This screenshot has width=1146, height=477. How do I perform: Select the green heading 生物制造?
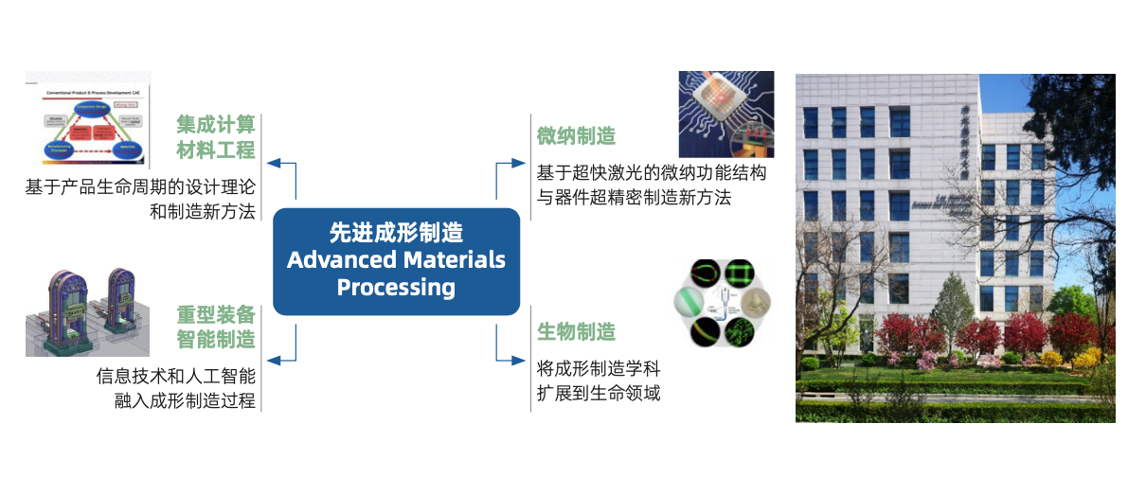tap(576, 331)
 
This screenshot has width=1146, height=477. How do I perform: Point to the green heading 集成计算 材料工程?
tap(216, 137)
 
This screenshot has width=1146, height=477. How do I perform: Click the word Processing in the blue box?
tap(396, 288)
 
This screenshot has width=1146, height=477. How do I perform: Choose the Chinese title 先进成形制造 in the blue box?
tap(396, 232)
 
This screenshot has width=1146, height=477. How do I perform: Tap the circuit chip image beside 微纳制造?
tap(726, 115)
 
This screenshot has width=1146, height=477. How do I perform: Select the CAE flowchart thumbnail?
tap(86, 120)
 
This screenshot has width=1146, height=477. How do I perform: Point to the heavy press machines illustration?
tap(86, 313)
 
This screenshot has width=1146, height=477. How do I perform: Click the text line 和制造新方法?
tap(203, 211)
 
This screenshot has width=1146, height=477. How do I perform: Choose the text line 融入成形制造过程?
tap(184, 400)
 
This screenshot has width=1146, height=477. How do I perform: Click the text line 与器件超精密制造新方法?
tap(634, 198)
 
